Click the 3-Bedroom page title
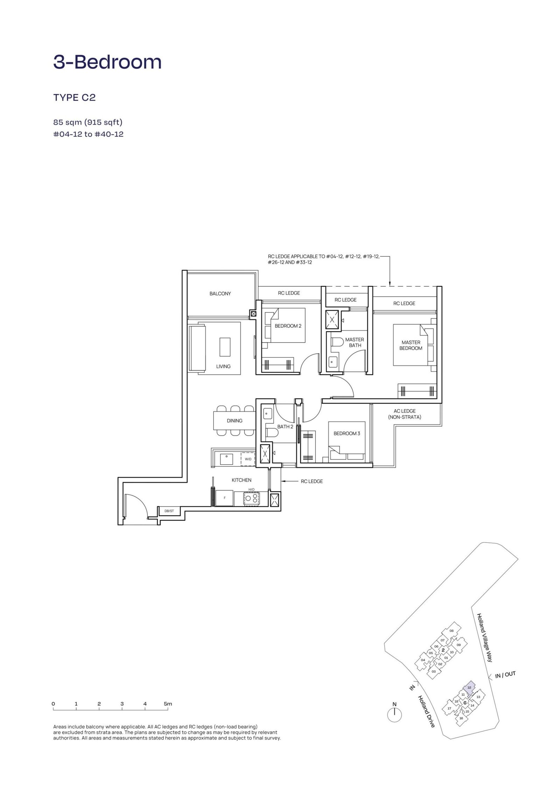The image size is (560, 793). click(x=107, y=62)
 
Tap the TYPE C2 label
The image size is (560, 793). click(x=75, y=98)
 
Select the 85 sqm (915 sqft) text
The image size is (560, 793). click(x=87, y=122)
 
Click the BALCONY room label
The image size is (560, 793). click(x=220, y=294)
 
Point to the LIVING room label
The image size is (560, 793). click(x=223, y=366)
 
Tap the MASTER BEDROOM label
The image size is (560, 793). click(x=411, y=345)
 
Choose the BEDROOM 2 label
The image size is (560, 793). click(x=288, y=326)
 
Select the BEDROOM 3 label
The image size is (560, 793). click(x=347, y=433)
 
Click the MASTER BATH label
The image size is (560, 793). click(x=355, y=342)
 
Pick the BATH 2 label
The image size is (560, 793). click(x=286, y=426)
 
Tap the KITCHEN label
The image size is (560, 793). click(x=241, y=480)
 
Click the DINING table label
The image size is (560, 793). click(x=234, y=421)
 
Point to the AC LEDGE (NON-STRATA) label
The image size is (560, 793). click(x=405, y=414)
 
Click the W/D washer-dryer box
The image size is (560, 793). click(x=248, y=459)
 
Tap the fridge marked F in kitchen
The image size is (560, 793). click(x=224, y=498)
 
